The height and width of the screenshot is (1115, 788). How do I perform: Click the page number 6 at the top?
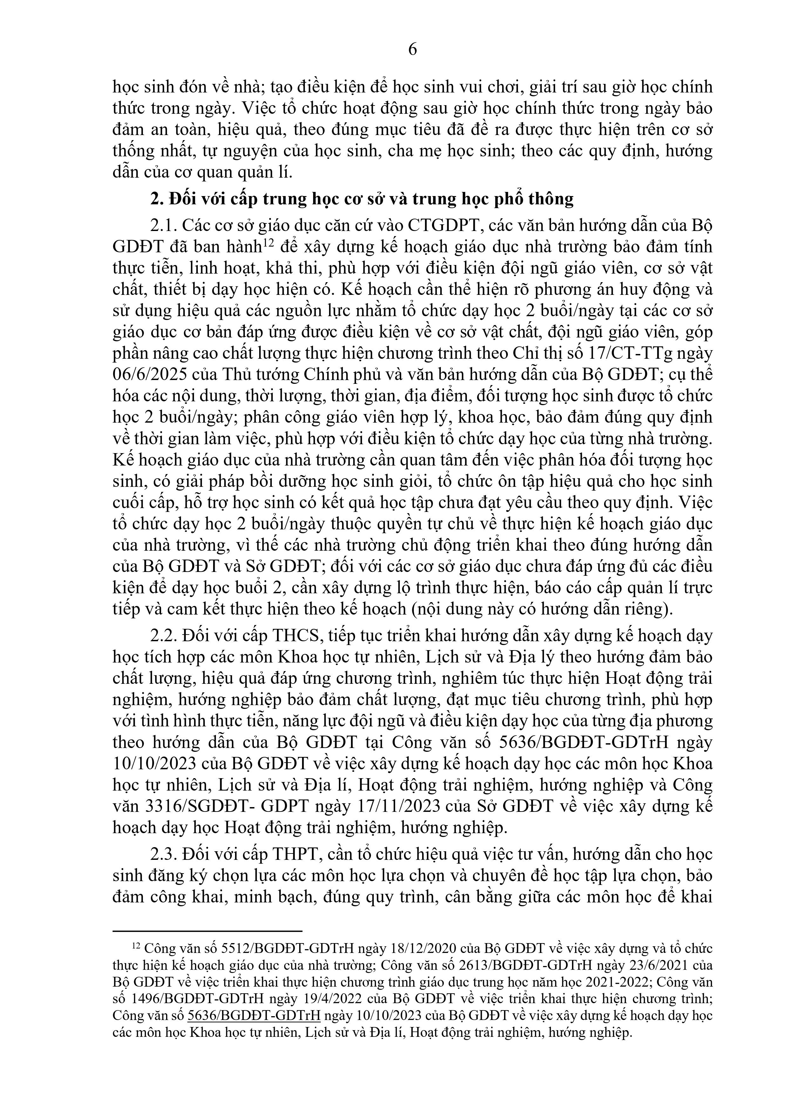click(x=412, y=49)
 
